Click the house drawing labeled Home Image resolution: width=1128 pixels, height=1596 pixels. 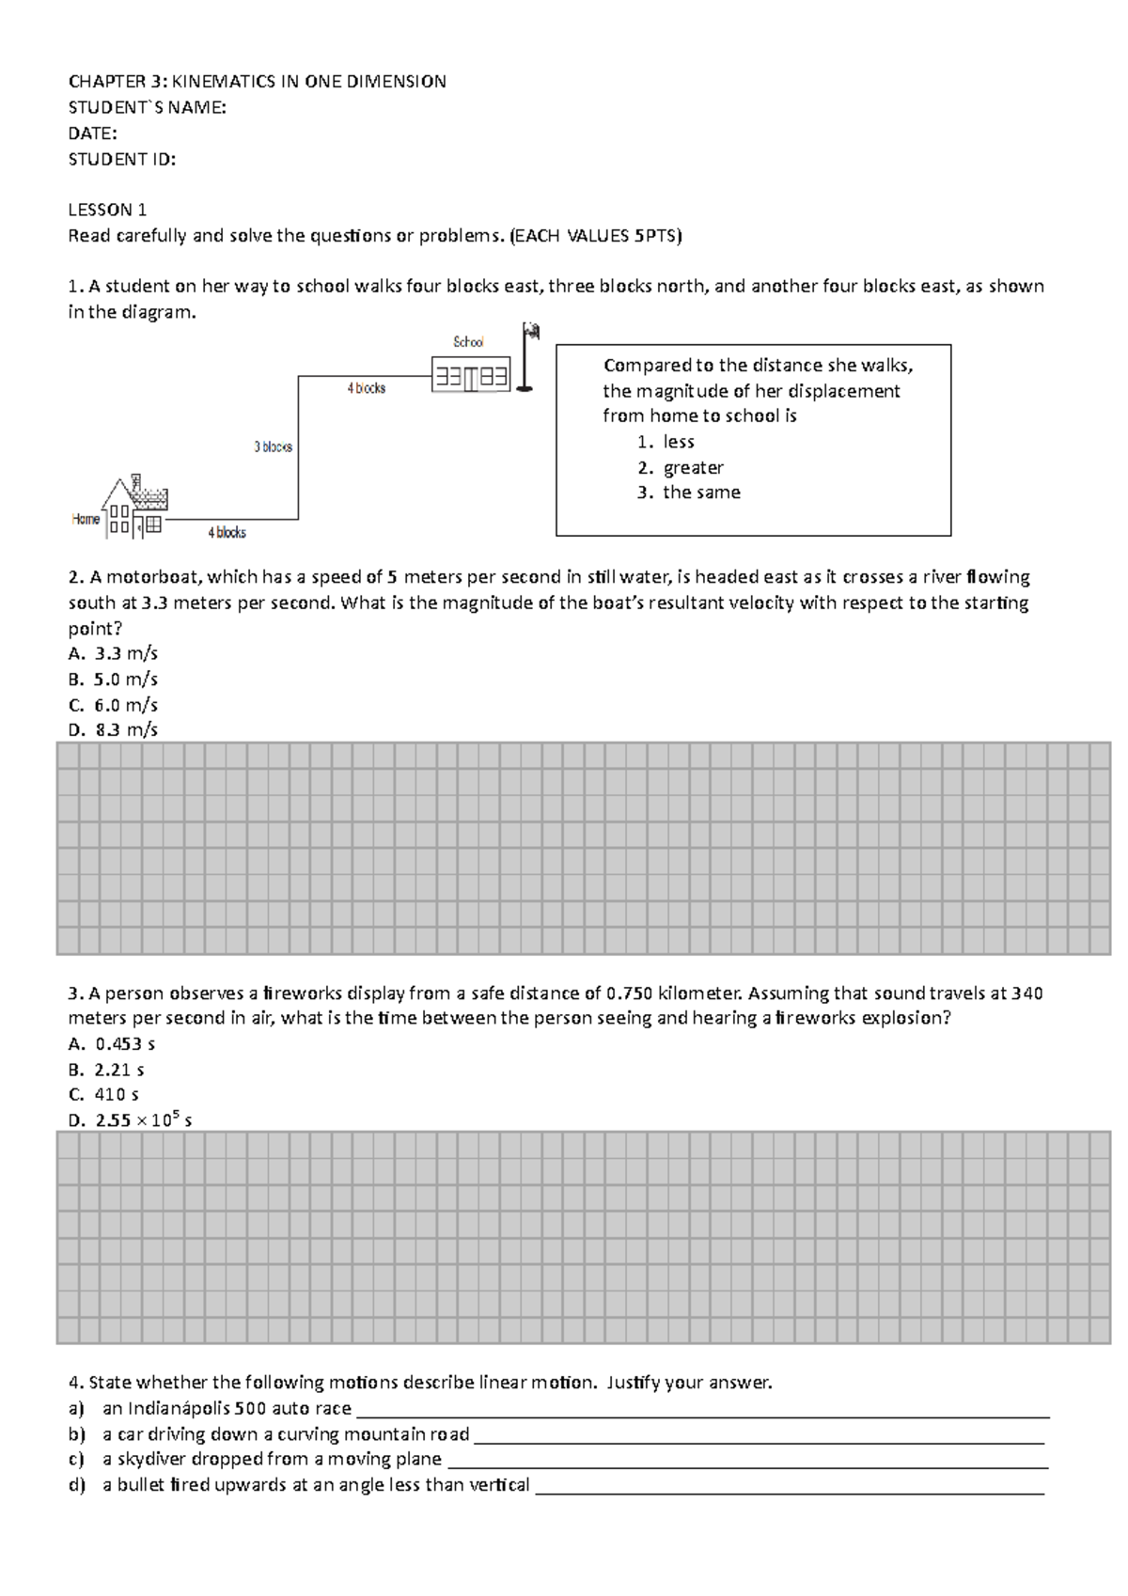[x=133, y=509]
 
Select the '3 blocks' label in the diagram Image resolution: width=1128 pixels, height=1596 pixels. [x=273, y=446]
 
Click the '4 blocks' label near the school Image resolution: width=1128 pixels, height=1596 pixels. [x=367, y=387]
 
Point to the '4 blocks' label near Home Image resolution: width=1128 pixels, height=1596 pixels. [x=227, y=532]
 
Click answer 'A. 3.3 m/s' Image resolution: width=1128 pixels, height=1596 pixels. [x=114, y=654]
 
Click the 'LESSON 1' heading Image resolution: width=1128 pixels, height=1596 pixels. [x=107, y=210]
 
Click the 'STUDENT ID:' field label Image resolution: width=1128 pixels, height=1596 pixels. [x=121, y=159]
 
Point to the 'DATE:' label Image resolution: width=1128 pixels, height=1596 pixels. [x=92, y=133]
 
